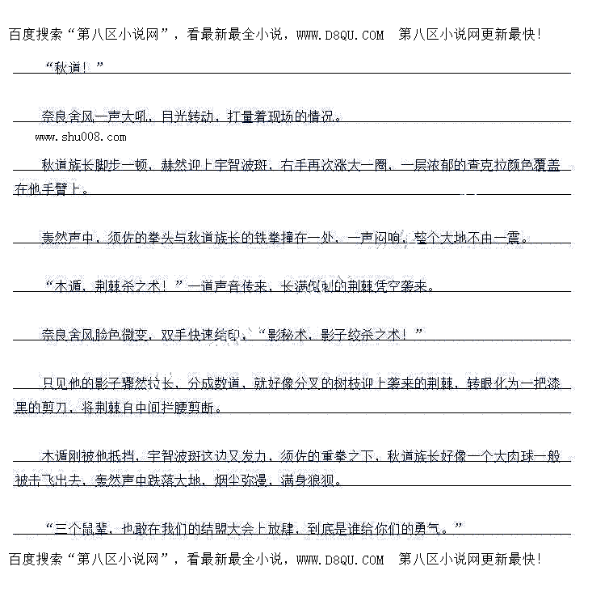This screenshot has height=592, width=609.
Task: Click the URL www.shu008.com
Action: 80,137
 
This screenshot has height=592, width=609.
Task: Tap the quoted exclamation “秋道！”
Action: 75,67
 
